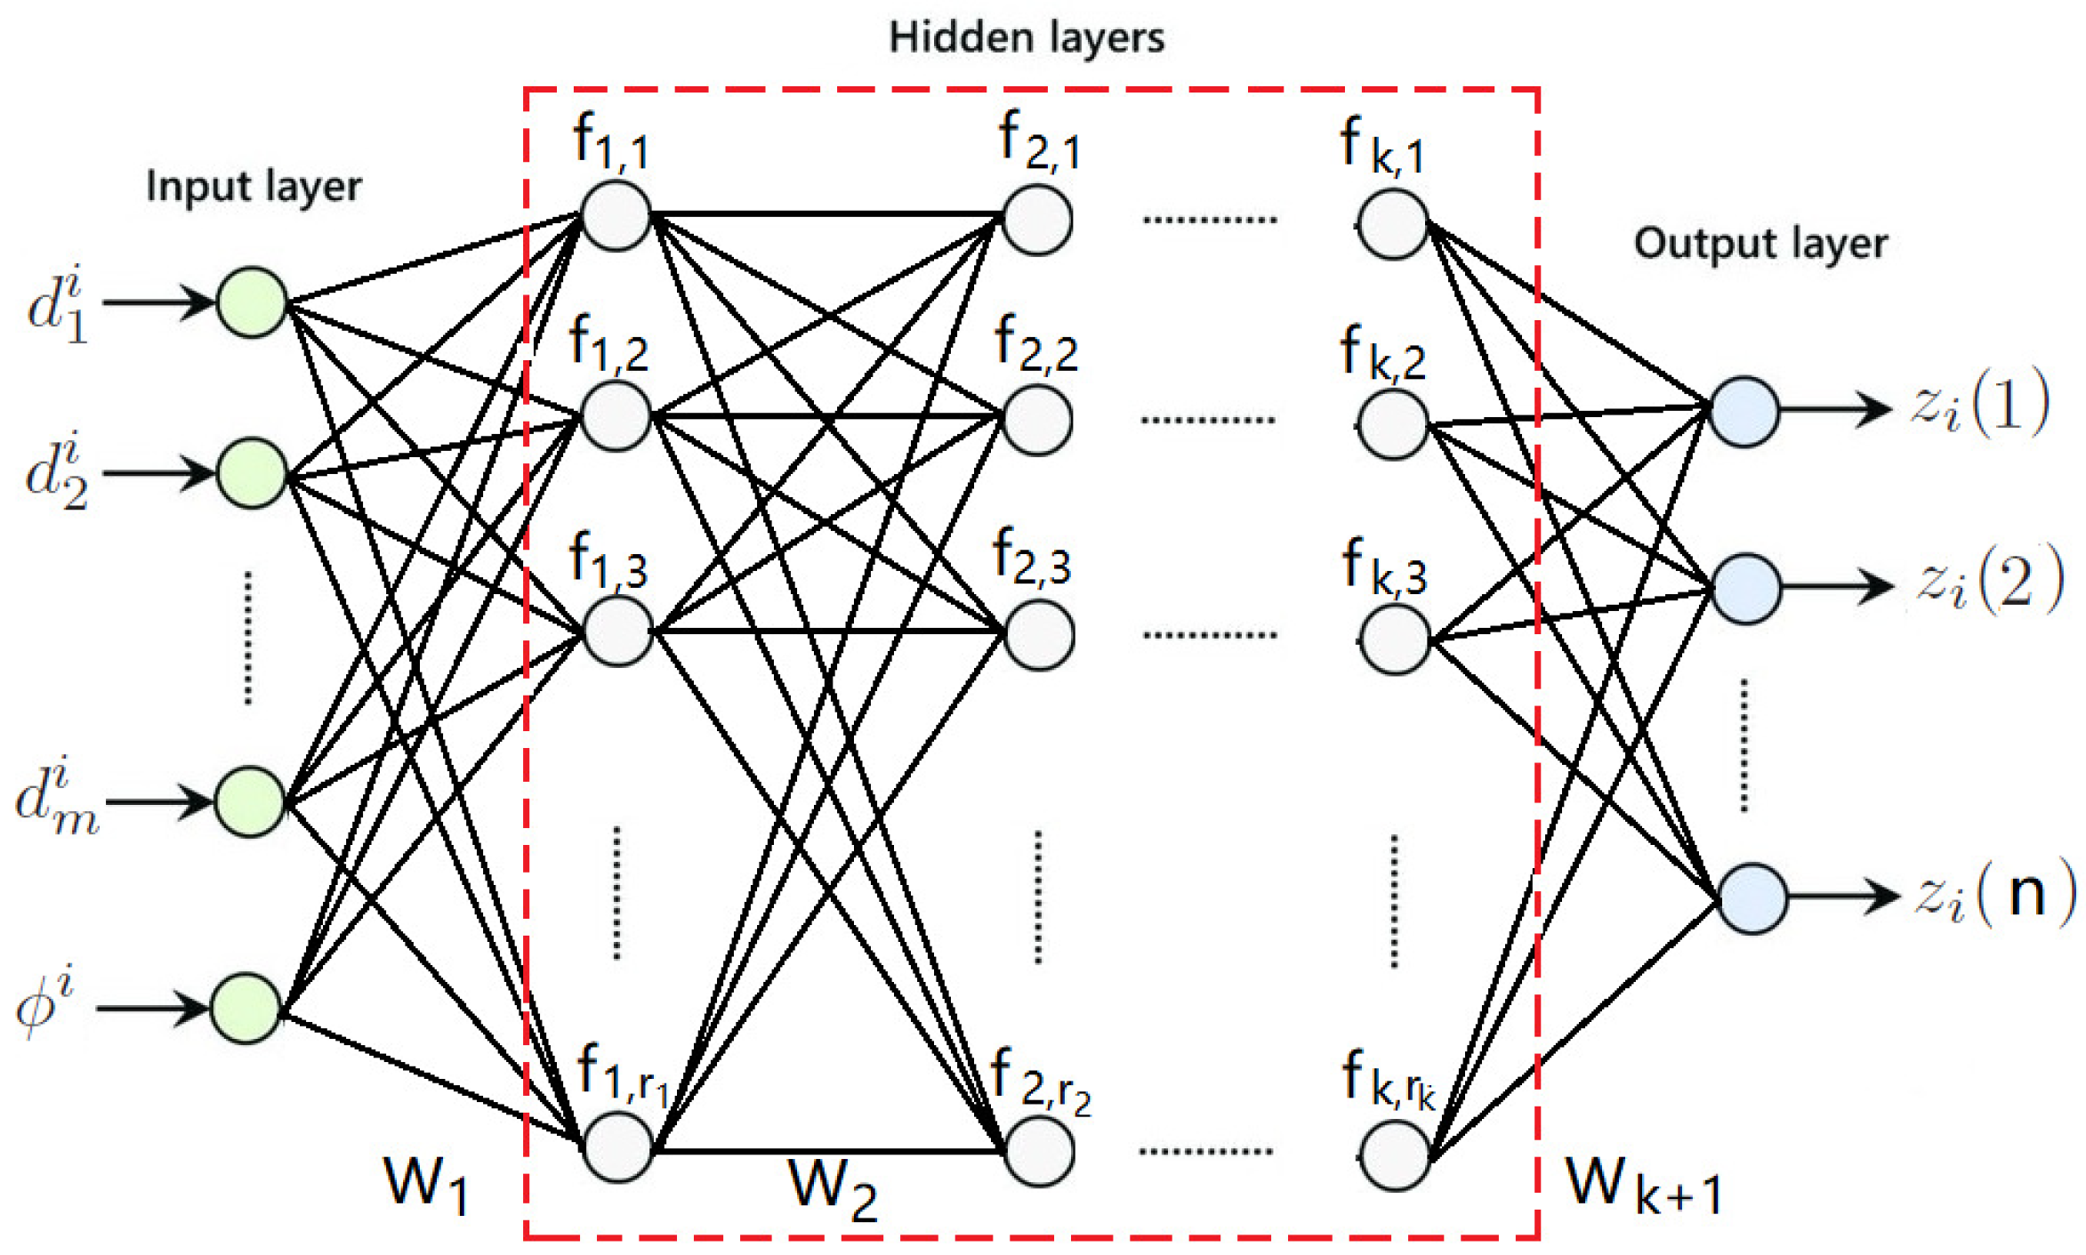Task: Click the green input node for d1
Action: [x=252, y=302]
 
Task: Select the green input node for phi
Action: [x=246, y=1008]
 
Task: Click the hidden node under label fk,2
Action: [x=1392, y=425]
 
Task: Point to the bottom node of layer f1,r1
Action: [x=616, y=1147]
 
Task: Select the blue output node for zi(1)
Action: [x=1744, y=411]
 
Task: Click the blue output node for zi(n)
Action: [x=1752, y=898]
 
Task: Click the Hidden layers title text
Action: [x=1027, y=38]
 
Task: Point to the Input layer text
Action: [x=254, y=187]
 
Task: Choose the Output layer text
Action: [x=1760, y=243]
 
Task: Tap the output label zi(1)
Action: [x=1980, y=405]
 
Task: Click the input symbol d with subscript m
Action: [x=55, y=798]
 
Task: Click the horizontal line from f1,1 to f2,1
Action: [x=827, y=214]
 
